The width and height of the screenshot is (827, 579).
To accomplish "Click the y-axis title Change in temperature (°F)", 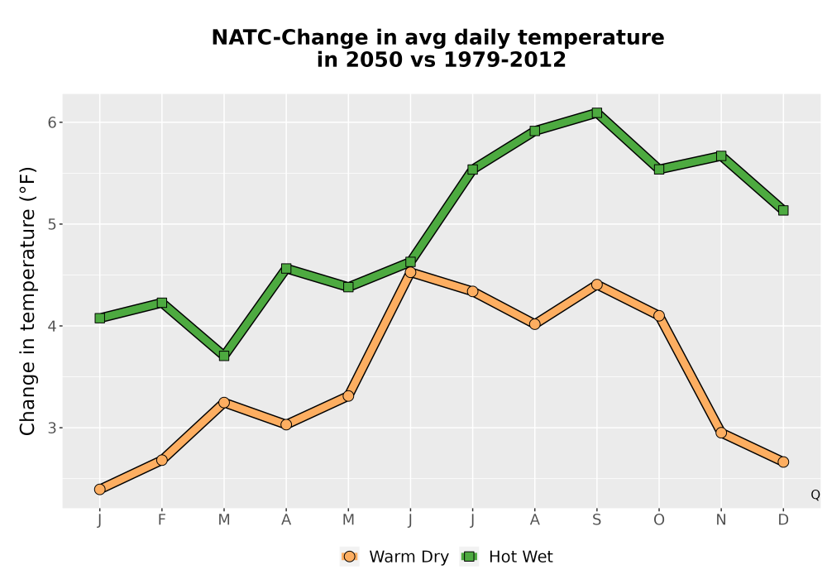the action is coord(27,301).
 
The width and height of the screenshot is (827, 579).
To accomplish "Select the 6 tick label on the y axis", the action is coord(52,122).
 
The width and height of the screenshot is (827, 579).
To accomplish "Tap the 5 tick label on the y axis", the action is coord(52,224).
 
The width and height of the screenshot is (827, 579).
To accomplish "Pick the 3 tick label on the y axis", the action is coord(52,428).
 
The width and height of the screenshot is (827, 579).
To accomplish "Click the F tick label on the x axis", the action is coord(162,520).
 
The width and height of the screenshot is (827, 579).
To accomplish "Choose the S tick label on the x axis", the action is coord(596,520).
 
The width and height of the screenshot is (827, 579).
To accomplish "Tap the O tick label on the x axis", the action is coord(659,520).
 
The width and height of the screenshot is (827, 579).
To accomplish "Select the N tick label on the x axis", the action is coord(721,520).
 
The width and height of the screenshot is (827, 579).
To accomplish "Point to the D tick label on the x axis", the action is coord(783,520).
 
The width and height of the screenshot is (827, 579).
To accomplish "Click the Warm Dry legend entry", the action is coord(394,557).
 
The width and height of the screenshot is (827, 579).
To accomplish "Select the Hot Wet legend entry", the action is coord(507,557).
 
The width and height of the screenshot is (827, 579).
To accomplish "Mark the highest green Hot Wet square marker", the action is coord(596,112).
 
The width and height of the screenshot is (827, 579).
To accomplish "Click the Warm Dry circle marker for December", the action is coord(783,462).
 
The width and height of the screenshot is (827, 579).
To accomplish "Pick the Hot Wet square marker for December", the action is coord(783,210).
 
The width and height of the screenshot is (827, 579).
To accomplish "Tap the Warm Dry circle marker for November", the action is coord(721,433).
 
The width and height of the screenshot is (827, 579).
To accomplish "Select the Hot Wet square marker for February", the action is coord(162,303).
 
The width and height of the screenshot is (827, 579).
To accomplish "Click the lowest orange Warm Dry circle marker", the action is coord(100,490).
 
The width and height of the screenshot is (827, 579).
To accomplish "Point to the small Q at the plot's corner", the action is coord(815,495).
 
